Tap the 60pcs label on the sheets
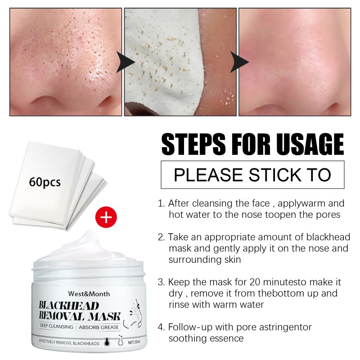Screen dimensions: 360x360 pos(44,183)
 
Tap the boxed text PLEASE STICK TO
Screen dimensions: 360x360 pos(252,175)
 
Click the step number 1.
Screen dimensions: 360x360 pos(160,203)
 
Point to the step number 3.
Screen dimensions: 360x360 pos(160,282)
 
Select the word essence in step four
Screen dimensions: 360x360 pos(228,338)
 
